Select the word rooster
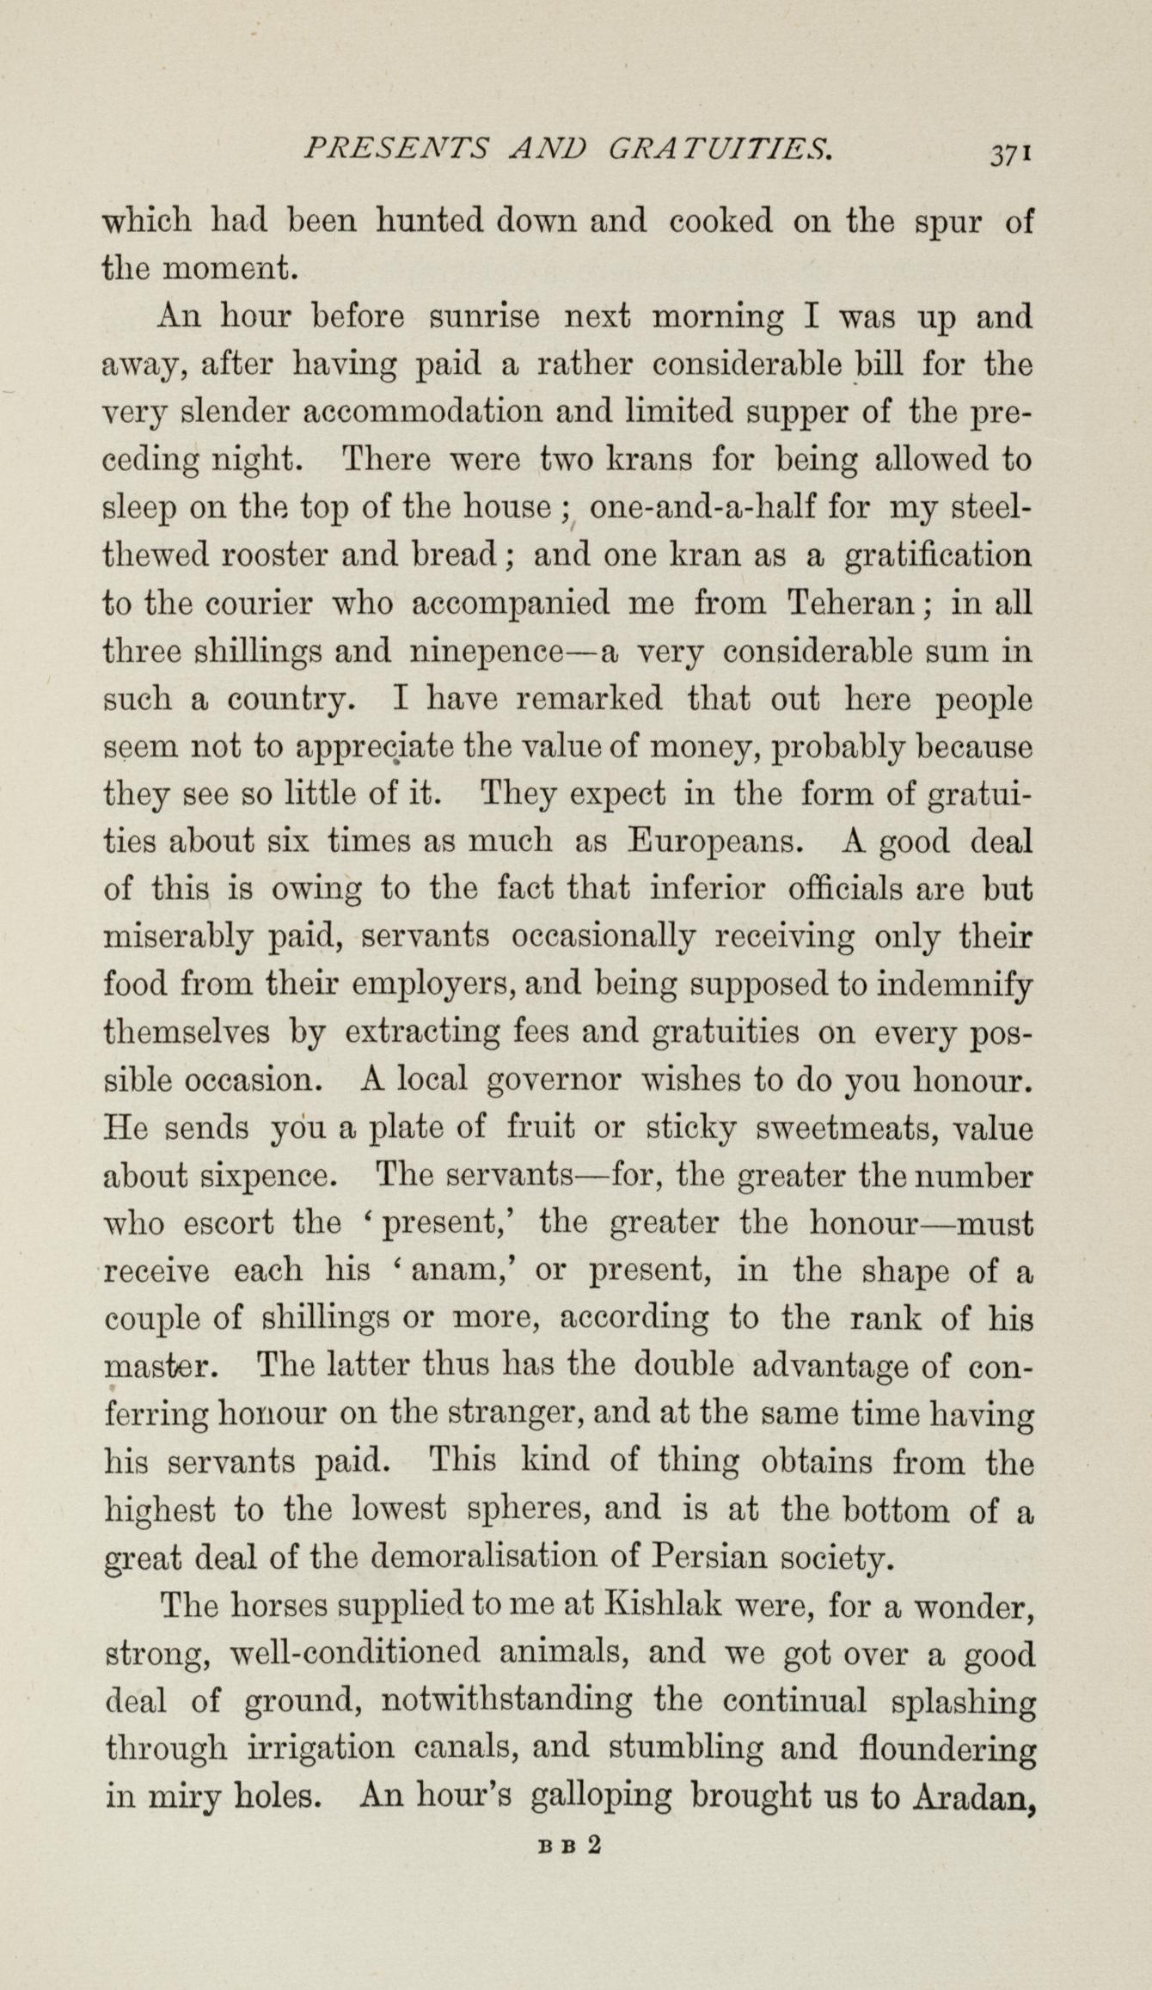click(275, 555)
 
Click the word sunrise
click(484, 316)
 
